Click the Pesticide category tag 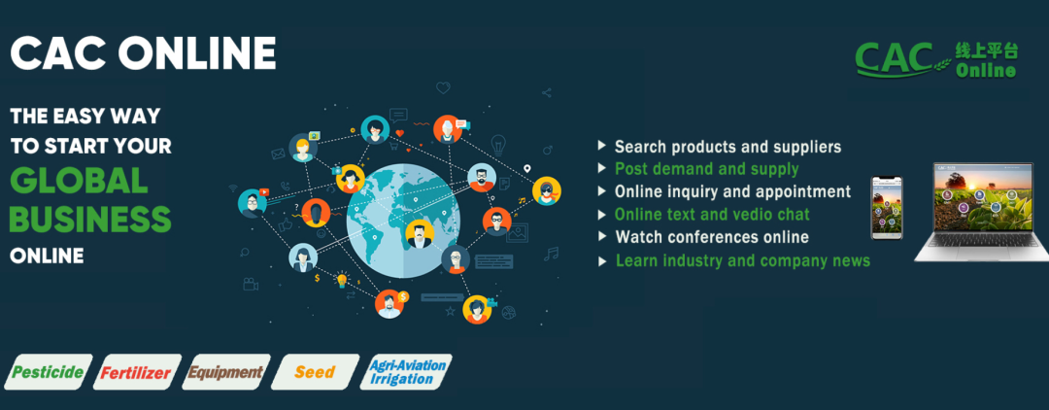click(x=48, y=372)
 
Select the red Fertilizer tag click(x=137, y=372)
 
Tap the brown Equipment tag click(x=226, y=372)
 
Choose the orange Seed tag click(x=315, y=372)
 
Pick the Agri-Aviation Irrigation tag click(x=407, y=372)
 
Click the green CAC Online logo click(x=936, y=59)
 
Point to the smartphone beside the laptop click(x=887, y=207)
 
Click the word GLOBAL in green click(x=79, y=181)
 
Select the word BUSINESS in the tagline click(x=91, y=219)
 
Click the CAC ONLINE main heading click(x=143, y=52)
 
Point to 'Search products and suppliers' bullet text click(x=728, y=147)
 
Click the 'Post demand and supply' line click(x=706, y=168)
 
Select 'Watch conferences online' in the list click(x=712, y=237)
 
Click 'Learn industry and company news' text click(x=743, y=260)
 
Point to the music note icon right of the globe click(x=552, y=254)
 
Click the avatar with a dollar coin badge click(x=390, y=304)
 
